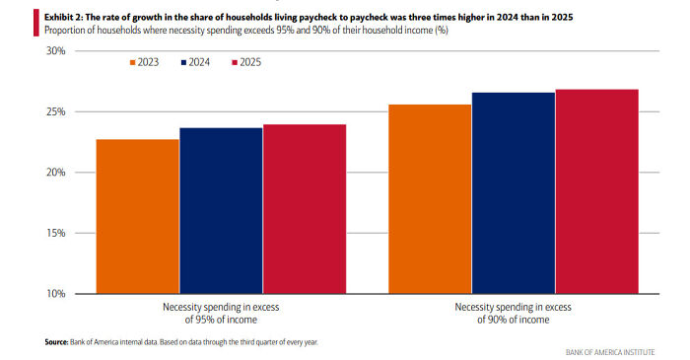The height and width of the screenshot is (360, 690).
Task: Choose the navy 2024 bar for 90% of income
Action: (x=514, y=193)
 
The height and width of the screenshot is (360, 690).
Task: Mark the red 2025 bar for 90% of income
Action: (x=596, y=191)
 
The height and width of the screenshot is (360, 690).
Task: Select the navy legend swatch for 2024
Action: (x=184, y=62)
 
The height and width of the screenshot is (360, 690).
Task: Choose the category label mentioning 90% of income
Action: (x=514, y=313)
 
